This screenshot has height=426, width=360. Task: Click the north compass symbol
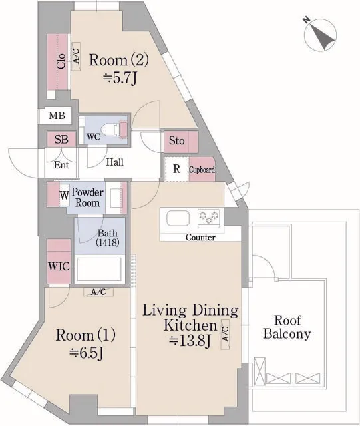[x=320, y=35]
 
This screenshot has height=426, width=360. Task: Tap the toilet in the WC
[x=110, y=129]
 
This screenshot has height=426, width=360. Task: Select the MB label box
[x=57, y=115]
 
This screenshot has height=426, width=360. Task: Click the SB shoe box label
[x=61, y=139]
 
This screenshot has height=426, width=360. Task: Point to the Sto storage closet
[x=181, y=142]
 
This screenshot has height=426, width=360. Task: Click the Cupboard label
[x=202, y=170]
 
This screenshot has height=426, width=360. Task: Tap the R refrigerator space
[x=176, y=169]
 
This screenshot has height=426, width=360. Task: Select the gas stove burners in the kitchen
[x=209, y=218]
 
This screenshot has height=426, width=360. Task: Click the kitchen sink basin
[x=178, y=218]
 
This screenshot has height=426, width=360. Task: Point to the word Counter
[x=200, y=237]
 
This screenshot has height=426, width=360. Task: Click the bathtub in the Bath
[x=99, y=269]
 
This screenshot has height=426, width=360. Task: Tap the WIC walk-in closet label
[x=59, y=266]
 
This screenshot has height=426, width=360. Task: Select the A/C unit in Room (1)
[x=98, y=292]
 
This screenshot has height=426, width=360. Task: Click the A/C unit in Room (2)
[x=76, y=56]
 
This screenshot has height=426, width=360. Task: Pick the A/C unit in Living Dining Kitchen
[x=225, y=334]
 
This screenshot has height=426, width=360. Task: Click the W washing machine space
[x=64, y=195]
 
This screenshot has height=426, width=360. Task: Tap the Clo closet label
[x=61, y=61]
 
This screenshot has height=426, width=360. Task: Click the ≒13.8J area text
[x=190, y=341]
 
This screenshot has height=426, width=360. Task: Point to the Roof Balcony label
[x=287, y=327]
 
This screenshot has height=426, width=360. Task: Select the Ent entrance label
[x=61, y=165]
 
